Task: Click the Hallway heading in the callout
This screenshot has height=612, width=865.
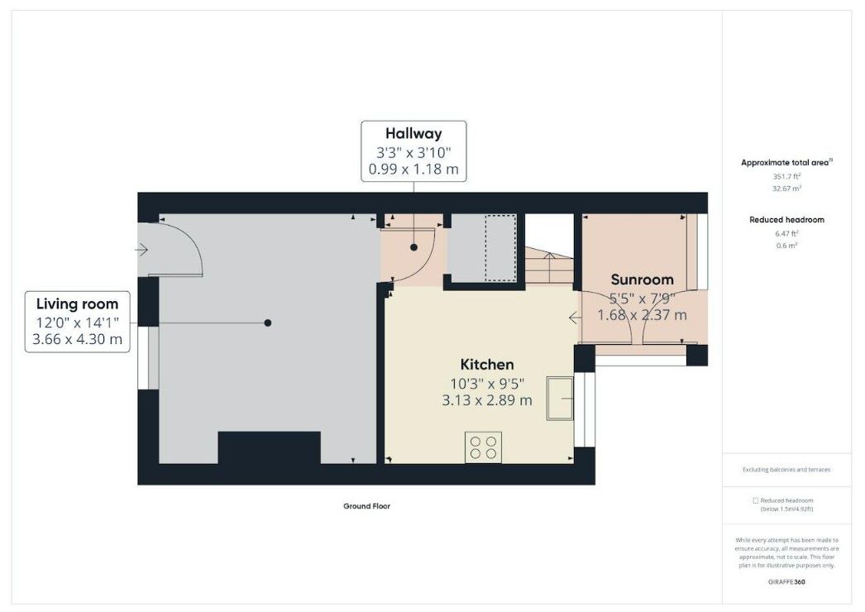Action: click(413, 134)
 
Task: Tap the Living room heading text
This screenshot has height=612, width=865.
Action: click(77, 304)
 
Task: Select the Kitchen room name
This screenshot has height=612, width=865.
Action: click(487, 365)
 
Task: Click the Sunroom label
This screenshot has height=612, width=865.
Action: click(642, 280)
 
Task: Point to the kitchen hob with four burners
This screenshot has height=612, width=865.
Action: click(484, 447)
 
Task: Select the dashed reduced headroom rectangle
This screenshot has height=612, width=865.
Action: click(500, 247)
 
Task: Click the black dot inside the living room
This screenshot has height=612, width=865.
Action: click(268, 323)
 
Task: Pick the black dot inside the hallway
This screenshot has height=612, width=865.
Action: click(413, 246)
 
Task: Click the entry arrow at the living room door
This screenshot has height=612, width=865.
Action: click(142, 249)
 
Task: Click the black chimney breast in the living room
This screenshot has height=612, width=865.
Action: click(269, 448)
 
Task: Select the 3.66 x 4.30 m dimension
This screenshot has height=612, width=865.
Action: click(77, 339)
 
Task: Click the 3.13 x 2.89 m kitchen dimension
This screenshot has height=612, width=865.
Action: click(487, 400)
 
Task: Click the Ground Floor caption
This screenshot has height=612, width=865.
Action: click(366, 506)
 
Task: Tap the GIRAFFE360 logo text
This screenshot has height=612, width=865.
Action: click(786, 582)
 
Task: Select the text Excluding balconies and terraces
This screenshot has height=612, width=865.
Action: click(786, 470)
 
